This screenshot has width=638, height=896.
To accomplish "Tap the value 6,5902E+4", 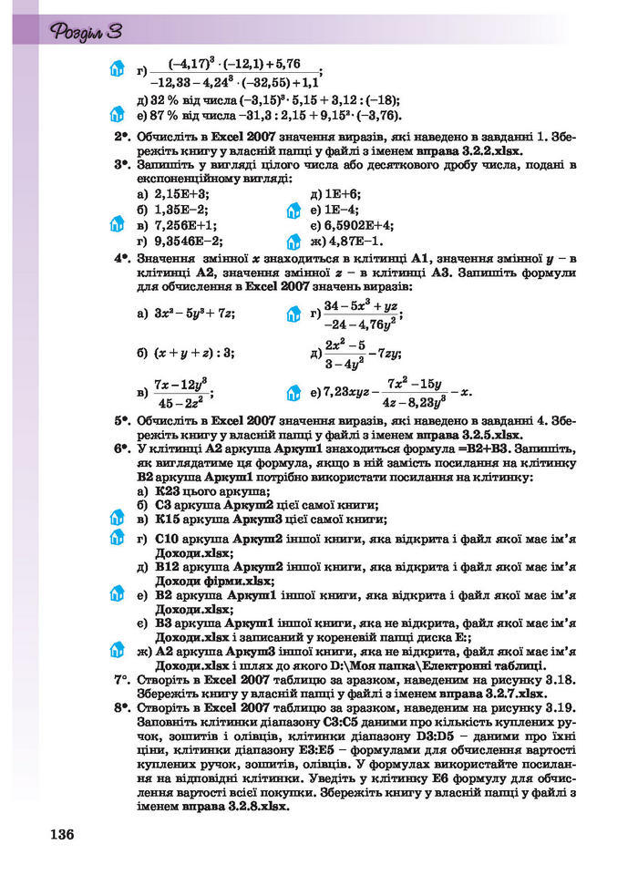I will point(359,225).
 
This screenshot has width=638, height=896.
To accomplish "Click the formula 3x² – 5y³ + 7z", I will point(194,314).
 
